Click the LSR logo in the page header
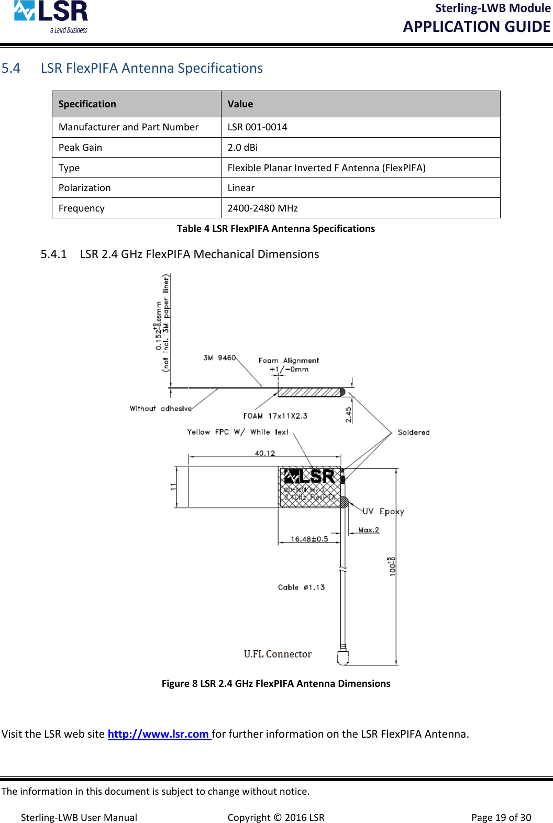pyautogui.click(x=51, y=17)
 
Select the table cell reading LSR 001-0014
pyautogui.click(x=257, y=127)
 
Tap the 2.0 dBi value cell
pyautogui.click(x=242, y=148)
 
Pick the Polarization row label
pyautogui.click(x=85, y=188)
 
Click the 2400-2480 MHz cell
pyautogui.click(x=262, y=208)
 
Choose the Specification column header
pyautogui.click(x=87, y=104)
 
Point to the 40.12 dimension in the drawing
pyautogui.click(x=264, y=453)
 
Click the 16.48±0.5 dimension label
pyautogui.click(x=309, y=539)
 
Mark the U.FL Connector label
pyautogui.click(x=278, y=654)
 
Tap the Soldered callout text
pyautogui.click(x=413, y=432)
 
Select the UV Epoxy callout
pyautogui.click(x=383, y=511)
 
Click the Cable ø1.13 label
pyautogui.click(x=301, y=587)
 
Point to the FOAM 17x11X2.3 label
pyautogui.click(x=275, y=416)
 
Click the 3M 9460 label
pyautogui.click(x=219, y=358)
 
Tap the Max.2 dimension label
pyautogui.click(x=369, y=530)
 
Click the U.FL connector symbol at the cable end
pyautogui.click(x=343, y=657)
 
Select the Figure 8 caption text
pyautogui.click(x=276, y=684)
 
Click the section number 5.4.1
pyautogui.click(x=54, y=254)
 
